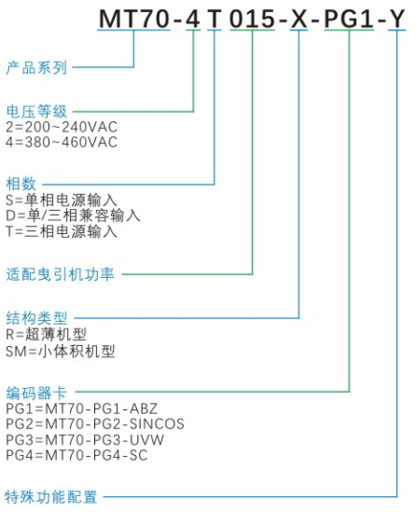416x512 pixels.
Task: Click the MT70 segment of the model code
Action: point(134,19)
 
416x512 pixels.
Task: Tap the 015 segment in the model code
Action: point(252,19)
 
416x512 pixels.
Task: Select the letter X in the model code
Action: point(298,19)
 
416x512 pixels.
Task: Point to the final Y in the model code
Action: point(396,19)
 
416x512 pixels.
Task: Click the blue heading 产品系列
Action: point(36,67)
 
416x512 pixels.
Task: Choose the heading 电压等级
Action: point(36,111)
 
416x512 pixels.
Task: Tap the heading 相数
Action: point(21,184)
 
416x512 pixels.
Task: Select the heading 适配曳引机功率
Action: point(60,274)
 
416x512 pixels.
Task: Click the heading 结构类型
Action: point(36,318)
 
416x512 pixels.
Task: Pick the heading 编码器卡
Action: point(36,393)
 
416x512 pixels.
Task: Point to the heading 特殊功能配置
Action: point(51,497)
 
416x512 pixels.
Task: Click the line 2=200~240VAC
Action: point(62,127)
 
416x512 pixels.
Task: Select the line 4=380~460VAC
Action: point(62,142)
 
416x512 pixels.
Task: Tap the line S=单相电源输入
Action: point(62,200)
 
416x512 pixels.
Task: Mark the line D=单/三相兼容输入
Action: point(73,215)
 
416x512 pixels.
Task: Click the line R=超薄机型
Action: point(46,334)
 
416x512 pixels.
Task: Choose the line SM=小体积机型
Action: point(61,351)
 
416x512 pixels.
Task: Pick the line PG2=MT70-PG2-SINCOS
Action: point(95,423)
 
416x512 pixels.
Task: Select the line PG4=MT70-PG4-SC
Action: point(76,455)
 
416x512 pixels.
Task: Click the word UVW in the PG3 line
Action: point(147,439)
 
